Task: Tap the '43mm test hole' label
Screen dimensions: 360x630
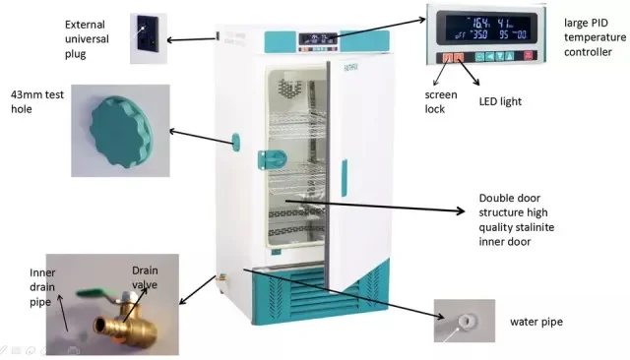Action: click(34, 100)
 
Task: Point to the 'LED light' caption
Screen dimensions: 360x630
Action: click(499, 101)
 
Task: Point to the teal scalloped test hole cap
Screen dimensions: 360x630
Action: click(119, 126)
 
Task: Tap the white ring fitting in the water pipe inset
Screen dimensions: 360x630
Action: click(463, 320)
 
